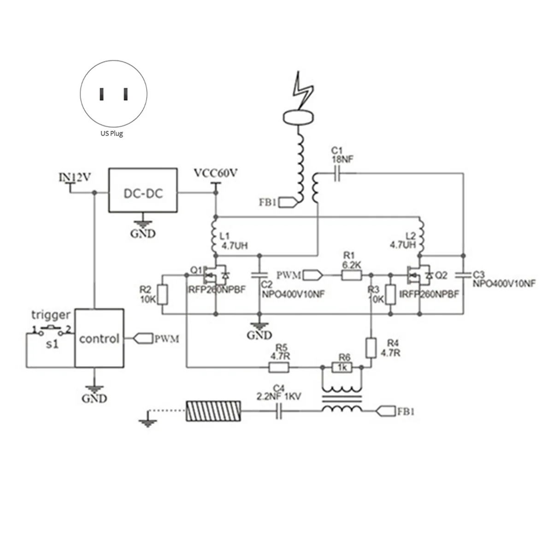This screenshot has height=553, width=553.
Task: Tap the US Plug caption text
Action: (112, 134)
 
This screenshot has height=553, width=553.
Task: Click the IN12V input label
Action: (75, 177)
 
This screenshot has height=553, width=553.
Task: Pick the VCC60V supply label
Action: (216, 173)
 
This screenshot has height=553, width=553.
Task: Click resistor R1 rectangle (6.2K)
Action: (351, 276)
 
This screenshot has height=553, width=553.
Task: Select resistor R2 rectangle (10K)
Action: (163, 294)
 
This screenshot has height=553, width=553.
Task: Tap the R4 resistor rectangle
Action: (371, 348)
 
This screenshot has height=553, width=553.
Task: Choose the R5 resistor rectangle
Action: (279, 367)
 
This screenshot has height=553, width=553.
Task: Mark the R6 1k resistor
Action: (342, 367)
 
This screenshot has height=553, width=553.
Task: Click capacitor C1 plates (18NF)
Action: (337, 173)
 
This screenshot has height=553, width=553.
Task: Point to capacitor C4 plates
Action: (279, 411)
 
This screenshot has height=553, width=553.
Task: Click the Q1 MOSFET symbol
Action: (215, 275)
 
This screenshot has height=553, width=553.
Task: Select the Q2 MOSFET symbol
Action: (419, 275)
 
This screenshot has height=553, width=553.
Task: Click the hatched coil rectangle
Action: (213, 411)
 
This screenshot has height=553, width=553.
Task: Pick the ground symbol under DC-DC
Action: (143, 223)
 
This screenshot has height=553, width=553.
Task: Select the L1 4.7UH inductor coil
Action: (215, 237)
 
